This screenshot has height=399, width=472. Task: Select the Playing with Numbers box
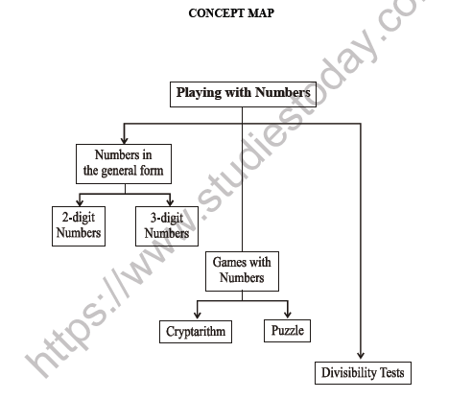click(242, 94)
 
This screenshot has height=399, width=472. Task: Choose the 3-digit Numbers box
click(166, 224)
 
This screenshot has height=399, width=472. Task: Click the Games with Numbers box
click(242, 270)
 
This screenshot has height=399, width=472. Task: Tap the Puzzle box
click(287, 331)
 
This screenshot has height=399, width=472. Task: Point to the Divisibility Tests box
click(365, 372)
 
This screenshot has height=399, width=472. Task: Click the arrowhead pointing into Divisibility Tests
click(363, 354)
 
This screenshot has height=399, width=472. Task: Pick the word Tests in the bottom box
click(392, 372)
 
